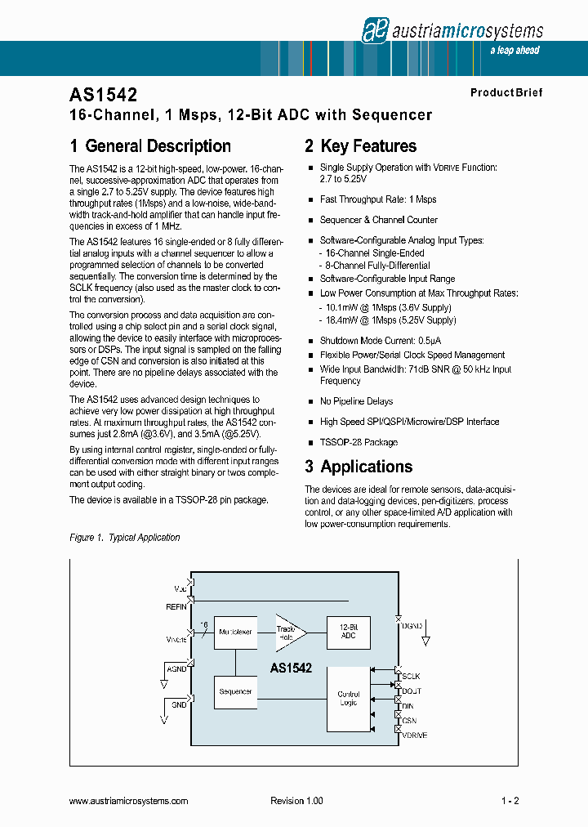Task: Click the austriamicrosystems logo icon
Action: point(374,30)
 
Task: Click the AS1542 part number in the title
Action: point(103,95)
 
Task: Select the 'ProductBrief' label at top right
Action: point(506,93)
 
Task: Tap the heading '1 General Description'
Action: point(150,146)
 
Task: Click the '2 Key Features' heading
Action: point(360,146)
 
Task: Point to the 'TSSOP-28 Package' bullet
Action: point(359,442)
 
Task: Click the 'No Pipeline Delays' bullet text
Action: point(356,401)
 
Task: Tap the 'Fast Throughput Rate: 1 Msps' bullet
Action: point(377,199)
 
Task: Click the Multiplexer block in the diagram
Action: point(235,632)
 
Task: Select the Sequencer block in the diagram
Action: point(235,692)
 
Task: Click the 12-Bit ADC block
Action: point(348,632)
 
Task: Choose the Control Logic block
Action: point(348,699)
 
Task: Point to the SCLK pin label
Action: point(411,677)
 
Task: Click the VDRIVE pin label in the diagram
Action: point(414,735)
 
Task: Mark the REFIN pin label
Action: point(176,606)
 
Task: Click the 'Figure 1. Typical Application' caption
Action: point(125,537)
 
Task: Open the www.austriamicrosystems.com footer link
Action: point(129,801)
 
